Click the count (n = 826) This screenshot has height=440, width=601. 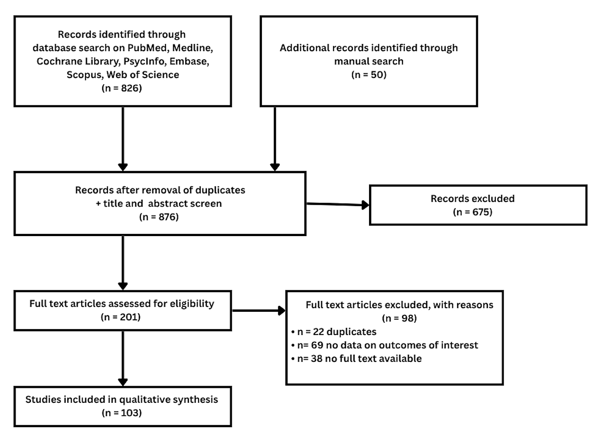[121, 88]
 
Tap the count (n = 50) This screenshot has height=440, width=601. [369, 74]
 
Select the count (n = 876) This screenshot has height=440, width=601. [159, 217]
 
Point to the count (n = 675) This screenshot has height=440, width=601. [472, 212]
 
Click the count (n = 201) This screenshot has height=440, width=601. [121, 317]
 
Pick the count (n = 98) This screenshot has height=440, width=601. [399, 318]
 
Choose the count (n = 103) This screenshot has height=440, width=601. [121, 412]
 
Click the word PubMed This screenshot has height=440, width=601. [148, 48]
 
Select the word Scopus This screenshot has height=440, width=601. [85, 75]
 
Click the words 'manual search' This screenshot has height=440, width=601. [369, 61]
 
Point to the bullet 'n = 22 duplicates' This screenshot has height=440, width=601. [334, 332]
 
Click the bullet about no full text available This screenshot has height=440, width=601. [356, 358]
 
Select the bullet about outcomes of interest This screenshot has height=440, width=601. [384, 345]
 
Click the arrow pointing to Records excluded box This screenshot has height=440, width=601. [338, 204]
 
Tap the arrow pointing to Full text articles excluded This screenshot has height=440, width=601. [259, 311]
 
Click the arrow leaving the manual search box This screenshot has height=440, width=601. [275, 139]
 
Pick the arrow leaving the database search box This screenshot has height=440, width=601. [123, 139]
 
